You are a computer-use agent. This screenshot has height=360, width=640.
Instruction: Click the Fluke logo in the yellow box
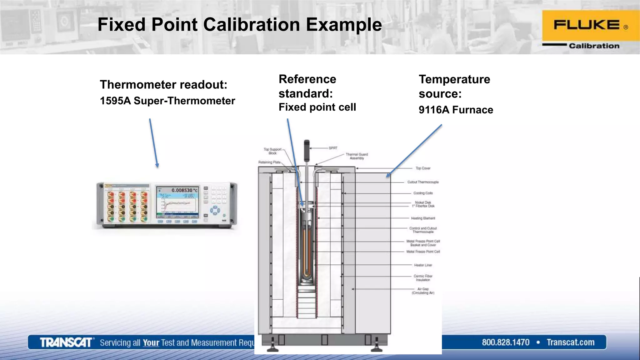coord(587,25)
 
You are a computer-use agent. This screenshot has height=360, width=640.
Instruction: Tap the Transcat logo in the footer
coord(66,342)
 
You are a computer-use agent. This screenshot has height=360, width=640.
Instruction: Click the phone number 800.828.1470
coord(506,342)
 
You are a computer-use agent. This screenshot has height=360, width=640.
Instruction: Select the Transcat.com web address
coord(571,342)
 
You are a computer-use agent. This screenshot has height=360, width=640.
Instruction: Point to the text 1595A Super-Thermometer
coord(167,101)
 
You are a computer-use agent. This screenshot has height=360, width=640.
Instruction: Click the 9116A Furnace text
coord(456,110)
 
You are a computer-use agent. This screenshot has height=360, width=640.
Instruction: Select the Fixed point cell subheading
coord(317,107)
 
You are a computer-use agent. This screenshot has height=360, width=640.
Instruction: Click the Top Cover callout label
coord(423,168)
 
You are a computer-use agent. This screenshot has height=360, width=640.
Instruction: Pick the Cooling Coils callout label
coord(423,193)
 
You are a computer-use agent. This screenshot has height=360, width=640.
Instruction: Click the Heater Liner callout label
coord(423,265)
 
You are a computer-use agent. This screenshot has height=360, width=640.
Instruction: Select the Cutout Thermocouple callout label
coord(423,182)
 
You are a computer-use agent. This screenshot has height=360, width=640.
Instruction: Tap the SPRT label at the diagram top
coord(333,148)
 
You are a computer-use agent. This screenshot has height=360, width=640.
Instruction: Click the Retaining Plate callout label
coord(269,162)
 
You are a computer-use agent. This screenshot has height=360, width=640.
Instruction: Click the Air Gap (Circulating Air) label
coord(423,291)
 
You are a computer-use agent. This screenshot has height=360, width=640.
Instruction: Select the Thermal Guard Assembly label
coord(357,156)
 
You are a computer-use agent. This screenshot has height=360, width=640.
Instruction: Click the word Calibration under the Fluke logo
coord(594,46)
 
